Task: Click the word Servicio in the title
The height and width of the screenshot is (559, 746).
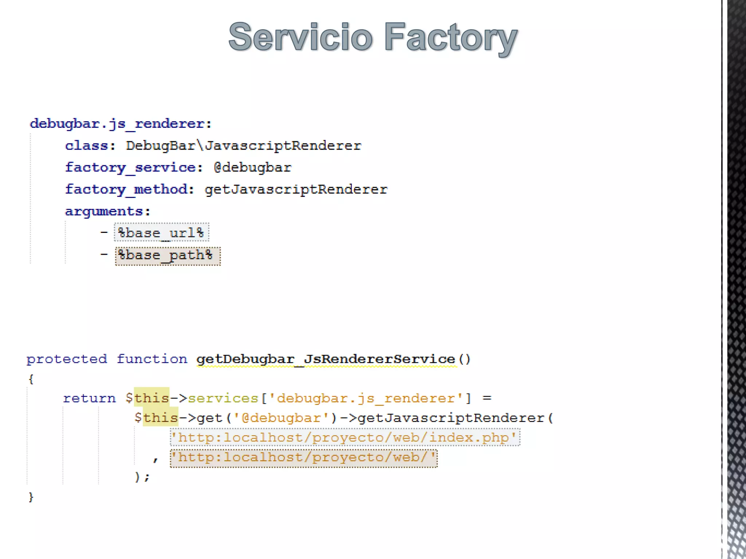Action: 301,37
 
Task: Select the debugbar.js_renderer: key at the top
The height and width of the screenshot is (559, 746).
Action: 121,124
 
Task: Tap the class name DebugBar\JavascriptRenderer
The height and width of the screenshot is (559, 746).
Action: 243,146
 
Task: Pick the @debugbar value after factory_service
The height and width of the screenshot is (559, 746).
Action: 252,167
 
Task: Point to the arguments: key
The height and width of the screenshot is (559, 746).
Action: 107,211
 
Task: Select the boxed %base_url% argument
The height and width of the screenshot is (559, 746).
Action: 161,233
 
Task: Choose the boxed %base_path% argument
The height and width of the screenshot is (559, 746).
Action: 168,255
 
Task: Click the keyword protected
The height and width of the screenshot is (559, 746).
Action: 67,359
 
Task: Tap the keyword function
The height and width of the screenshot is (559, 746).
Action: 152,359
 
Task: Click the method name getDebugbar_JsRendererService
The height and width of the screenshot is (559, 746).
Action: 326,359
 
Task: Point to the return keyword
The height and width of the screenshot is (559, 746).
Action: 89,398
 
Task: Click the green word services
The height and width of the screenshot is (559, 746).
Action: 223,398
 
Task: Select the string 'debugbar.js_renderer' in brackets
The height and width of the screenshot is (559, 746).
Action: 366,398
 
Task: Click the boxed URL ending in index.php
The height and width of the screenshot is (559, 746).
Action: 345,437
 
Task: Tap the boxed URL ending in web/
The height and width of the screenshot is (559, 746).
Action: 303,457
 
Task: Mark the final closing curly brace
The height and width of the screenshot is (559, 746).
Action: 31,497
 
